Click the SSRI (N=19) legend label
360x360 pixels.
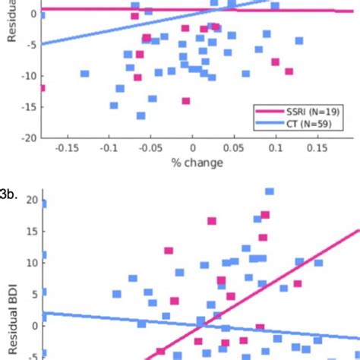[x=311, y=111]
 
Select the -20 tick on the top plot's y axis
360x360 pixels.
[x=29, y=138]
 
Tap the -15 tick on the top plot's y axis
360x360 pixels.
[x=29, y=107]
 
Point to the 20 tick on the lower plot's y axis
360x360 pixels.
[x=30, y=200]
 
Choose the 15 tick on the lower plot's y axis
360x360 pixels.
[x=30, y=231]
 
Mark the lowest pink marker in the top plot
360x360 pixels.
[x=186, y=101]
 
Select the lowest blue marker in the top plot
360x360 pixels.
[x=141, y=116]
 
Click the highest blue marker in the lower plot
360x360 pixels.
[x=270, y=191]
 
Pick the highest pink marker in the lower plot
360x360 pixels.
[x=265, y=215]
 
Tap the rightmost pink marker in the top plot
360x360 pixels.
[x=289, y=71]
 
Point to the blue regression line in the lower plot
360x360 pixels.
[x=114, y=318]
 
